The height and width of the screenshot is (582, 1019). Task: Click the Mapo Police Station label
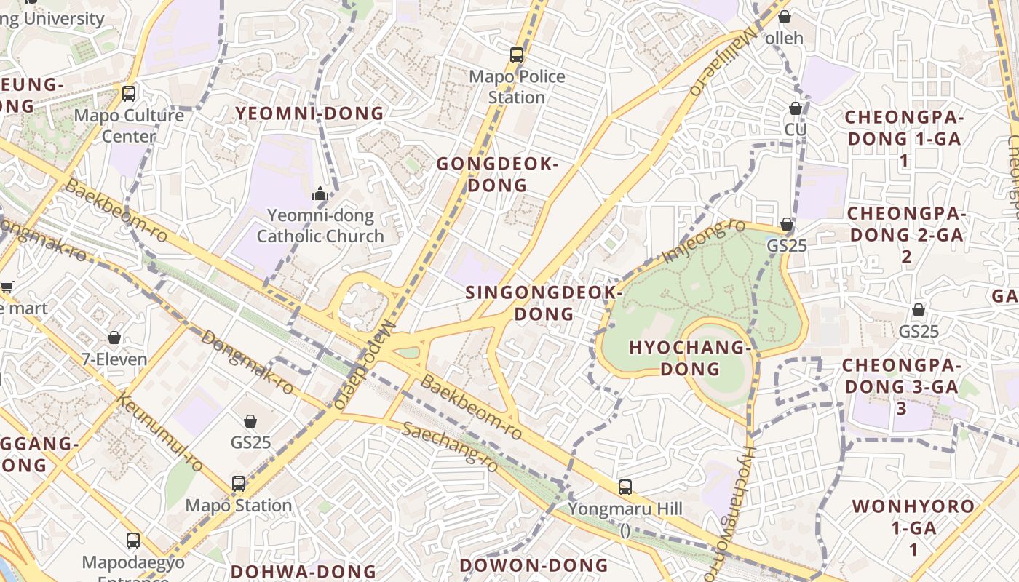pyautogui.click(x=517, y=87)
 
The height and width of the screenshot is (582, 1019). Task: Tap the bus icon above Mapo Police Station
pyautogui.click(x=517, y=55)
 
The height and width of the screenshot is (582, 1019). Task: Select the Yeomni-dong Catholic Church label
pyautogui.click(x=320, y=226)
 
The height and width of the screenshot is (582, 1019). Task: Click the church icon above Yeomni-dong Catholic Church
pyautogui.click(x=320, y=194)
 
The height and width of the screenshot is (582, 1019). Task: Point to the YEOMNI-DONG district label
pyautogui.click(x=310, y=113)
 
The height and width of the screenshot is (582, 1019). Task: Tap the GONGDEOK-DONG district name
pyautogui.click(x=497, y=175)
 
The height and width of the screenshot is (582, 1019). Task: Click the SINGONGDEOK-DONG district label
pyautogui.click(x=544, y=303)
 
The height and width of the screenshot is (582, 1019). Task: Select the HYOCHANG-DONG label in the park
pyautogui.click(x=689, y=358)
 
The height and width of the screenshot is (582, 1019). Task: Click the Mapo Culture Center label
pyautogui.click(x=129, y=126)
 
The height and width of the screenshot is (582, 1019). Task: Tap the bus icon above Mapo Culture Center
pyautogui.click(x=129, y=93)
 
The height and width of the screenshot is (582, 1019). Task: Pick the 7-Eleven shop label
pyautogui.click(x=114, y=359)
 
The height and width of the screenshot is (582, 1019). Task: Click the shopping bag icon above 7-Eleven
pyautogui.click(x=114, y=338)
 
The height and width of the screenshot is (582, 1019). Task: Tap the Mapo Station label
pyautogui.click(x=239, y=505)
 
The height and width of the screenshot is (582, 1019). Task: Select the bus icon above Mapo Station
pyautogui.click(x=239, y=483)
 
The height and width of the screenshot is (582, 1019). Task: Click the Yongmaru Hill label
pyautogui.click(x=625, y=509)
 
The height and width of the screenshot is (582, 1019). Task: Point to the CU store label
pyautogui.click(x=796, y=129)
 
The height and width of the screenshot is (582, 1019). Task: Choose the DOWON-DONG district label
pyautogui.click(x=534, y=565)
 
